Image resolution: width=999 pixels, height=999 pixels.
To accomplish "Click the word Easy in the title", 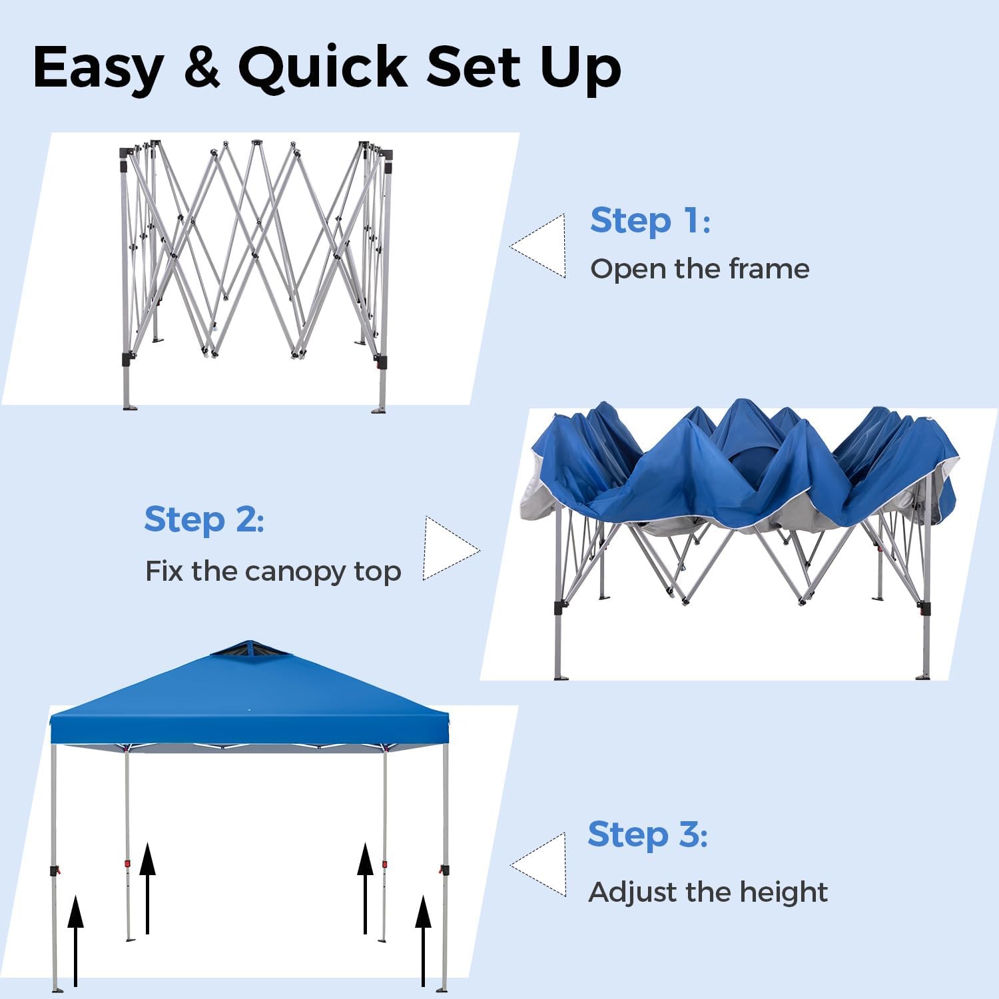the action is [x=99, y=68].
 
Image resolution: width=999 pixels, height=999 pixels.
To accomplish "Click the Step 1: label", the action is [x=650, y=220].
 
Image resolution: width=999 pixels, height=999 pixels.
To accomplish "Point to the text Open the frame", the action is [x=700, y=269].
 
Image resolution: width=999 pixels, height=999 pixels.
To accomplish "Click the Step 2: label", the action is [x=204, y=519].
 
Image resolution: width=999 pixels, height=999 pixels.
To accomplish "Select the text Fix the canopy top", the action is [x=273, y=572].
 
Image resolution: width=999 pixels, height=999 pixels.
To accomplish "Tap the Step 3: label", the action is [x=647, y=834].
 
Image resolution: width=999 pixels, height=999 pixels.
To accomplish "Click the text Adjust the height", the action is [x=708, y=892].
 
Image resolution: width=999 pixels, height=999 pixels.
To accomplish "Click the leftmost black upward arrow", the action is [x=76, y=941].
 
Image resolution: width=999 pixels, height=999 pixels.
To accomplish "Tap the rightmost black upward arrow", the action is [x=424, y=941].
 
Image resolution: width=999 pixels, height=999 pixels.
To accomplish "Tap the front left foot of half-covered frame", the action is [x=561, y=677].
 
